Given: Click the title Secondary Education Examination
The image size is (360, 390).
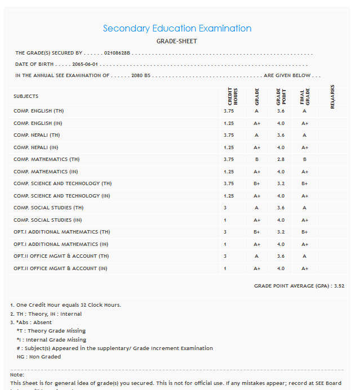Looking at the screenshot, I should [177, 29].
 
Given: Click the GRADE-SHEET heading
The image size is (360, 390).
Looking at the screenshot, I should [177, 41].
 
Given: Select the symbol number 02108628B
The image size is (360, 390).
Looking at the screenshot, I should [117, 53].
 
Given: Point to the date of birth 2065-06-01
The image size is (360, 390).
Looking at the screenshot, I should [85, 64].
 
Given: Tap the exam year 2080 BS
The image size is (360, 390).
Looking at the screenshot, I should [141, 75].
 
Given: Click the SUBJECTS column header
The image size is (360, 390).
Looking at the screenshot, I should [26, 96].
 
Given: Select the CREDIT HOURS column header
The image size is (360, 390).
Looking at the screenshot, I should [233, 96].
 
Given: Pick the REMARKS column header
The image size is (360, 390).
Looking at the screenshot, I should [332, 96].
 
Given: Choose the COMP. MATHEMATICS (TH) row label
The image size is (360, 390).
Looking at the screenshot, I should [47, 159].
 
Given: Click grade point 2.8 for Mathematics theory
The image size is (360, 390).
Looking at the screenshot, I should [281, 159].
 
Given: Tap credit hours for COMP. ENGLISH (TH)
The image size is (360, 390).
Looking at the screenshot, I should [228, 111].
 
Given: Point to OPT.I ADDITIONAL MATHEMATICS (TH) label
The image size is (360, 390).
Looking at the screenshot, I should [62, 232].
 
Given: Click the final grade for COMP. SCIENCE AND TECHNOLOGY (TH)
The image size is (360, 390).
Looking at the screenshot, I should [304, 183].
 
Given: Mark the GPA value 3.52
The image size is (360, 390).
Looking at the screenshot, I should [339, 286].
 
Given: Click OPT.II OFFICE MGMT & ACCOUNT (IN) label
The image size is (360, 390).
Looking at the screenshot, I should [60, 268].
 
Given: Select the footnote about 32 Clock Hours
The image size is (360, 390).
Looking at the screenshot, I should [65, 305].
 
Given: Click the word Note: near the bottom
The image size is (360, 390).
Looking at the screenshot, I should [17, 375].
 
